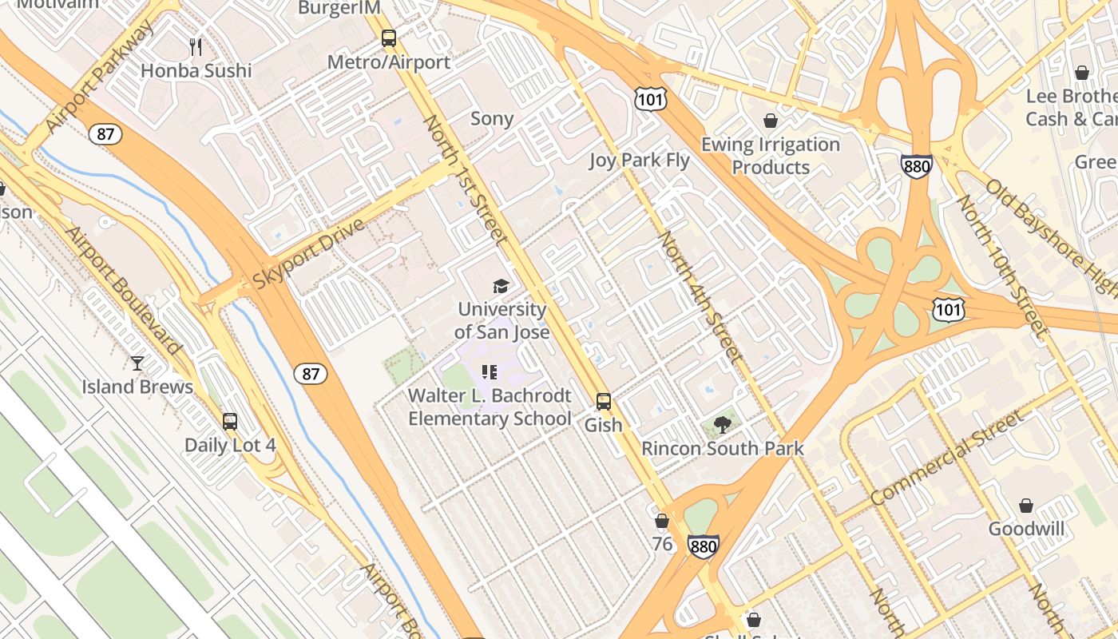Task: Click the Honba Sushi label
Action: [x=196, y=70]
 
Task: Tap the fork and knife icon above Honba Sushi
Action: [x=196, y=46]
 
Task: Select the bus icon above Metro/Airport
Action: [x=389, y=38]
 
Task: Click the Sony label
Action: [x=492, y=119]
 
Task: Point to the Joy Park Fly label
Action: [x=639, y=160]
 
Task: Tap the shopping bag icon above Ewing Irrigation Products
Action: [x=771, y=121]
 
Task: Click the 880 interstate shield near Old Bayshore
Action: [x=916, y=165]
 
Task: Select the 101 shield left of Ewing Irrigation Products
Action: [x=649, y=99]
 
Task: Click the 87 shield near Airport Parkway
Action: [x=105, y=133]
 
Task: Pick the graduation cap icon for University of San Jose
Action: [x=501, y=286]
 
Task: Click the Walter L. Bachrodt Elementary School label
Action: [x=490, y=407]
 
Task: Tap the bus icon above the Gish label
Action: [x=604, y=402]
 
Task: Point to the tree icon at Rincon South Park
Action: [x=723, y=424]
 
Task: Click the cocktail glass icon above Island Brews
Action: [x=137, y=363]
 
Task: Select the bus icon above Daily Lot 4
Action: [x=230, y=421]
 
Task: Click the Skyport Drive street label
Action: [x=309, y=253]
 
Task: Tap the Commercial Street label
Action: [x=947, y=458]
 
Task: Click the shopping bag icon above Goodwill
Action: [x=1026, y=506]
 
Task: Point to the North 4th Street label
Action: [x=700, y=297]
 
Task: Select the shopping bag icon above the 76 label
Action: [x=662, y=522]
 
